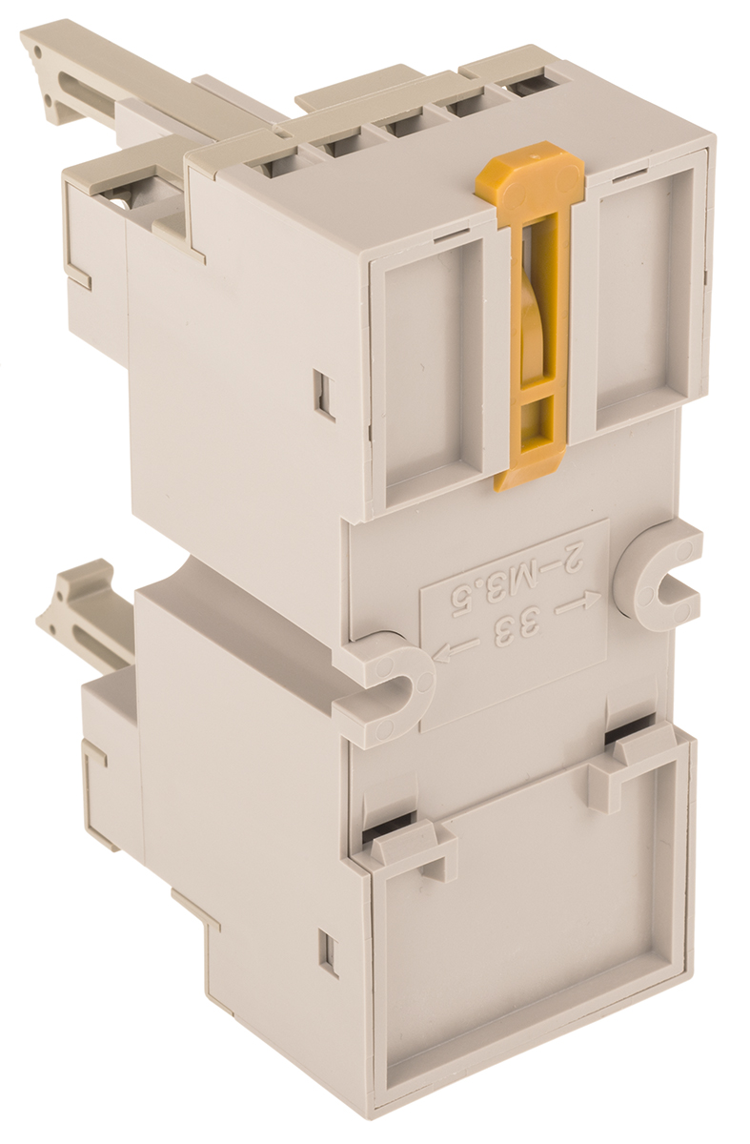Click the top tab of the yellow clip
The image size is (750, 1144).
click(531, 176)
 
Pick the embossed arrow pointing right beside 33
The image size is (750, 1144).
click(577, 606)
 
